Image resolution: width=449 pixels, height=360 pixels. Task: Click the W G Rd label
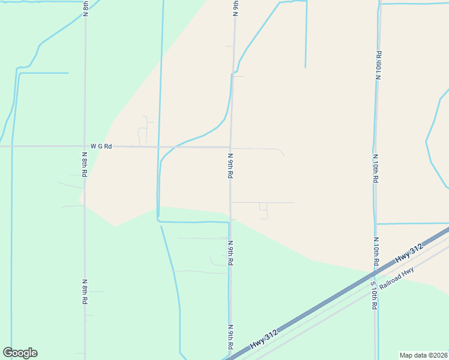[101, 146]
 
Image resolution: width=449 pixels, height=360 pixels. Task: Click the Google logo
[20, 353]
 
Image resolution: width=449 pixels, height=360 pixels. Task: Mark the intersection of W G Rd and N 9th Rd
[231, 146]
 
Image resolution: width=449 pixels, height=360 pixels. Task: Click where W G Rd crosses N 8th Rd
[85, 146]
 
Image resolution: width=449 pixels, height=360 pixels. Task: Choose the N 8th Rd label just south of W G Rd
[85, 164]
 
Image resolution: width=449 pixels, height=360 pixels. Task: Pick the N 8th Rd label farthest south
[85, 290]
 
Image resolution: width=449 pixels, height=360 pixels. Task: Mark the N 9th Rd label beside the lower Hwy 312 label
[230, 338]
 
